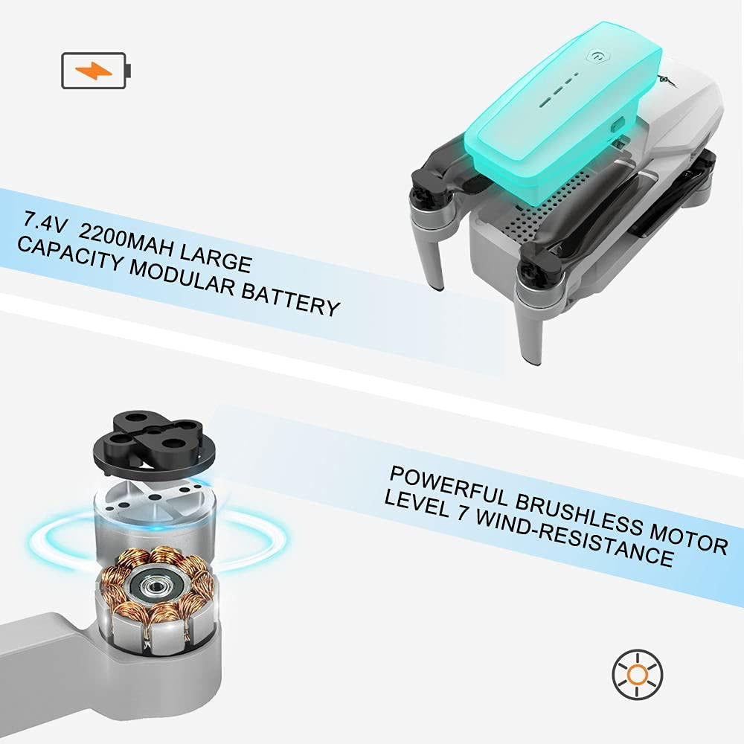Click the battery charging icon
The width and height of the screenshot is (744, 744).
pos(96,70)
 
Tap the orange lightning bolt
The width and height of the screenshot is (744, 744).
pos(94,71)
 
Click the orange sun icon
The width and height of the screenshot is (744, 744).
pos(638,674)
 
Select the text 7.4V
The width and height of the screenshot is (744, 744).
pos(46,222)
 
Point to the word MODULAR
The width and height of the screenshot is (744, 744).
pos(182,277)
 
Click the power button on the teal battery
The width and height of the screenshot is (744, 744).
pos(598,56)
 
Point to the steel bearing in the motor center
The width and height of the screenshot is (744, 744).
pos(153,586)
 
